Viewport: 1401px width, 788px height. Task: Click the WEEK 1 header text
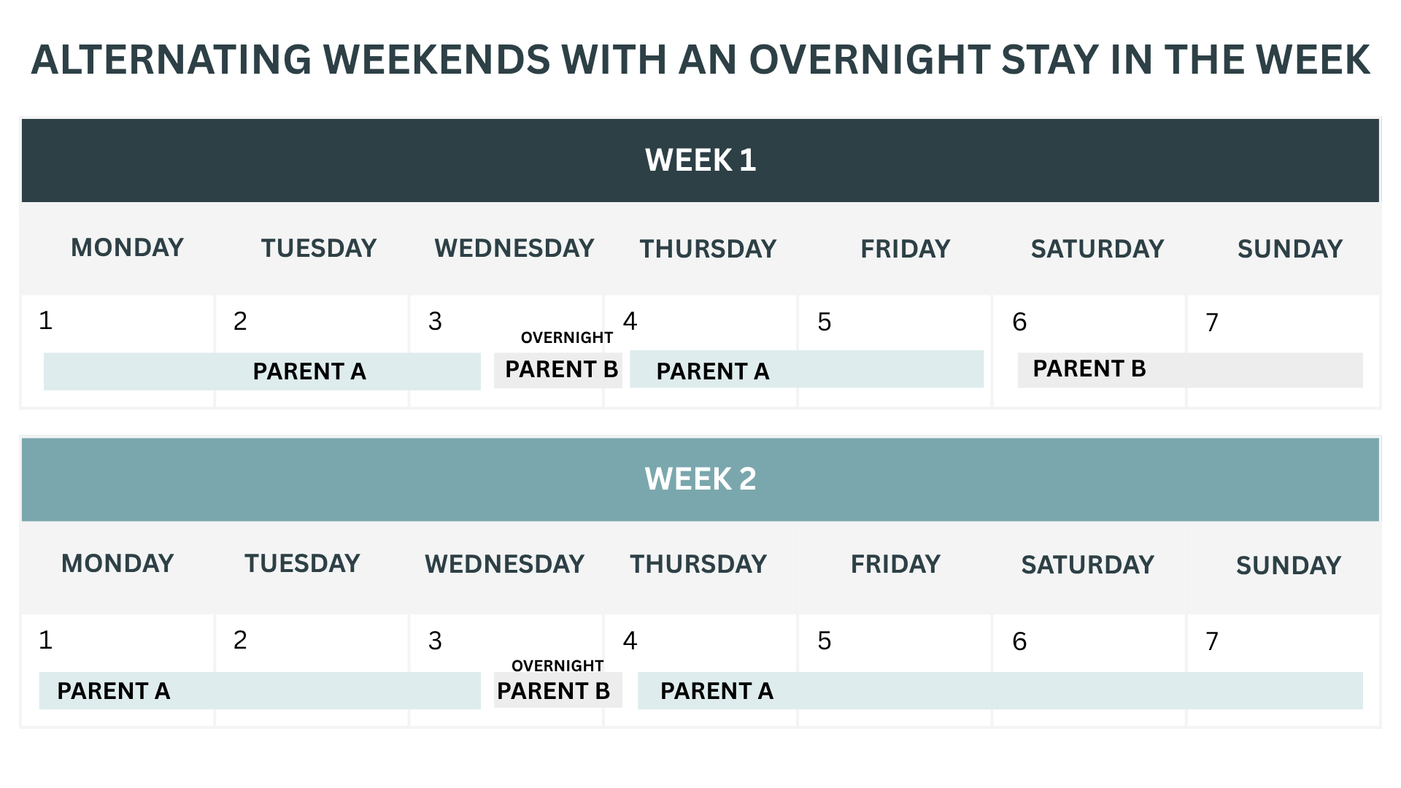coord(700,161)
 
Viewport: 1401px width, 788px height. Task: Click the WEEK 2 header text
coord(700,479)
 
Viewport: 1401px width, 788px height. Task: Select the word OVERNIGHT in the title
coord(869,59)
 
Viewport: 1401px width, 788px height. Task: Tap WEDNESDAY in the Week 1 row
coord(514,248)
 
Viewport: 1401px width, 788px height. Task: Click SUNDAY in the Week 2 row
coord(1289,565)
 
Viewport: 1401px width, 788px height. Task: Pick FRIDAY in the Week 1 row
coord(906,249)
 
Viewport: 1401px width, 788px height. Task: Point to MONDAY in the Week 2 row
coord(117,563)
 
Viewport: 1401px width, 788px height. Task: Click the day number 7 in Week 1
coord(1213,322)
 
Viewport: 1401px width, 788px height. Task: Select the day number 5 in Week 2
coord(825,641)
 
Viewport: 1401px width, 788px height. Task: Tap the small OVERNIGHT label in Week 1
coord(567,338)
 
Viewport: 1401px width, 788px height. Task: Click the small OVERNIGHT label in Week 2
coord(557,666)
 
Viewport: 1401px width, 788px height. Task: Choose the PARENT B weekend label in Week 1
coord(1089,369)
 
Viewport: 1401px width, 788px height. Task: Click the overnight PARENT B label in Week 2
coord(553,691)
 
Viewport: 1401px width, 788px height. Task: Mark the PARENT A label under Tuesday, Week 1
coord(309,371)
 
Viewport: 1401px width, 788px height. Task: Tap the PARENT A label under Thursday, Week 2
coord(717,691)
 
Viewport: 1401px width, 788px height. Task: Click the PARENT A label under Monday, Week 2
coord(114,691)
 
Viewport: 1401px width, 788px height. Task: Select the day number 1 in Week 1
coord(45,321)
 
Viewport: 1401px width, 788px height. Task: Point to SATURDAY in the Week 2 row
coord(1087,565)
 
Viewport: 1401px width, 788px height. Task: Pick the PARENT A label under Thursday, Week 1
coord(713,371)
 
